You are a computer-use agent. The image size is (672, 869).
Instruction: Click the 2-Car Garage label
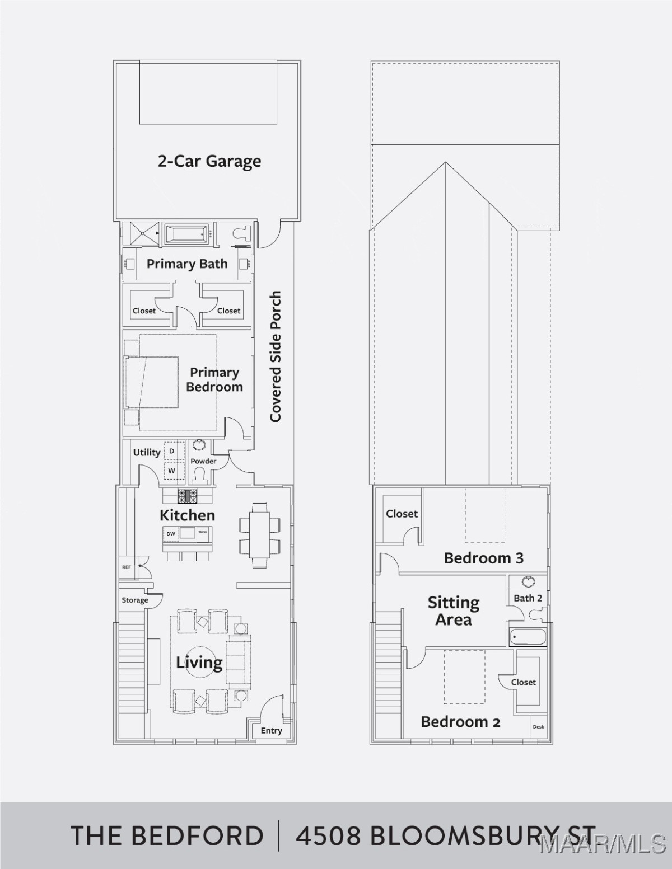(x=209, y=162)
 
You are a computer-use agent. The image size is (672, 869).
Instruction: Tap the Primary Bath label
(x=187, y=264)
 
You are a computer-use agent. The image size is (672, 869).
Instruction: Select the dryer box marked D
(x=172, y=451)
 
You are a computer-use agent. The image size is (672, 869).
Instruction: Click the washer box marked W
(x=172, y=471)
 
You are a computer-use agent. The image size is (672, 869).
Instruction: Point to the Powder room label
(x=203, y=461)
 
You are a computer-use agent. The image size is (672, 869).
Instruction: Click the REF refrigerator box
(x=127, y=567)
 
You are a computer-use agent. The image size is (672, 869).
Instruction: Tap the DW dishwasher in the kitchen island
(x=171, y=534)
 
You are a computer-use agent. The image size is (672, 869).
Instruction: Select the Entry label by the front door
(x=272, y=731)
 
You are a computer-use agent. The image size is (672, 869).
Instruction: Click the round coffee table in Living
(x=200, y=663)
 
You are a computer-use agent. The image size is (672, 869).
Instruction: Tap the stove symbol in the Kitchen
(x=187, y=496)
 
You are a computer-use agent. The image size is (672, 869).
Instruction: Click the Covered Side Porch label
(x=276, y=356)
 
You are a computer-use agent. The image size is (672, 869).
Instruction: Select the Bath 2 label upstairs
(x=528, y=598)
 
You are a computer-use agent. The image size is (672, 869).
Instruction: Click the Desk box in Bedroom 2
(x=538, y=727)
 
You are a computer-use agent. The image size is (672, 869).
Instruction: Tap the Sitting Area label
(x=454, y=611)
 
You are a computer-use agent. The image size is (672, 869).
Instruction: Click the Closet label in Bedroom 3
(x=402, y=514)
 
